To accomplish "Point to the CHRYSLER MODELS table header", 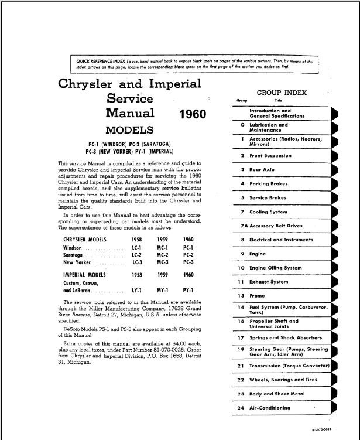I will point(88,239).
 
